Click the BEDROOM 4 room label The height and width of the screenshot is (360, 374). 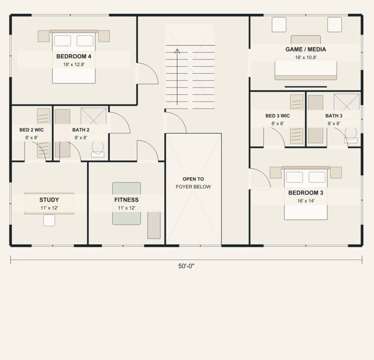point(74,56)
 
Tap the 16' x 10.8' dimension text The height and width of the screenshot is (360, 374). point(306,57)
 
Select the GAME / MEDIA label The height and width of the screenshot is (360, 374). point(306,50)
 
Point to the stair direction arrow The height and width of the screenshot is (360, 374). point(177,77)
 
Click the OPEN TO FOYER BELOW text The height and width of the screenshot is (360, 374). point(193,183)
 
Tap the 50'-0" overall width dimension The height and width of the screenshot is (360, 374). point(186,266)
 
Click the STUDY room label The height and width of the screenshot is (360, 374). point(49,200)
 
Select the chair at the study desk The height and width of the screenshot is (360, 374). point(49,220)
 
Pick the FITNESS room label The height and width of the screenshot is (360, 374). point(126,200)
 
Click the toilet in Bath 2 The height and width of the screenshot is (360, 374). point(98,149)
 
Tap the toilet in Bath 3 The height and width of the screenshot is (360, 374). point(351,135)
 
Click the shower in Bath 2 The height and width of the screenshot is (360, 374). point(93,117)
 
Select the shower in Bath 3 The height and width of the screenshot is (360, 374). point(347,103)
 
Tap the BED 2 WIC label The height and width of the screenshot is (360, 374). point(32,130)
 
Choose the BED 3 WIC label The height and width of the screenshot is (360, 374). point(278,116)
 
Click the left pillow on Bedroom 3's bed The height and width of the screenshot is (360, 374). point(295,177)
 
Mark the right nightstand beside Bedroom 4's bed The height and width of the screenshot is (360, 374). point(104,36)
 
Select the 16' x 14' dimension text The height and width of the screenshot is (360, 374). point(306,201)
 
